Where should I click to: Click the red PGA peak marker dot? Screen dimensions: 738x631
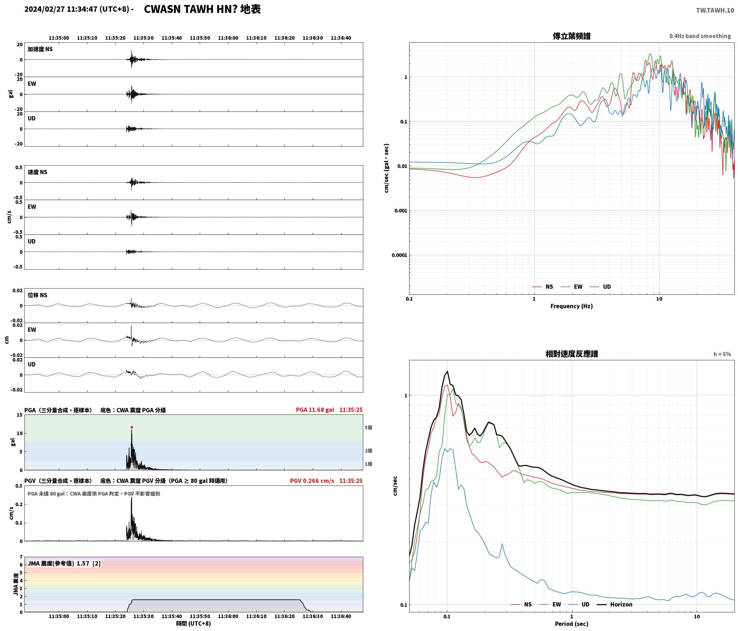point(132,427)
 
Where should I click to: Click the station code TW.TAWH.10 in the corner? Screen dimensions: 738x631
point(715,10)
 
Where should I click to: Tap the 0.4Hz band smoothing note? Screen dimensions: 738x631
point(700,36)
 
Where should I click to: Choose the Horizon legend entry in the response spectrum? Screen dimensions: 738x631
point(614,604)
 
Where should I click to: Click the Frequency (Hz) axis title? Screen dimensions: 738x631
point(572,306)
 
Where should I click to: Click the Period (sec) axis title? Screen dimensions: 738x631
point(572,623)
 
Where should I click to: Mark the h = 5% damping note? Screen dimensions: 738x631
point(722,354)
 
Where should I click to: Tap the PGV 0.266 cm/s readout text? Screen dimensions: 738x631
point(312,480)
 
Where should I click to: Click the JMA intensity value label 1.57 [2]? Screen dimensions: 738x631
point(89,563)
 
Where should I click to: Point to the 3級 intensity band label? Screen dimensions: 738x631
point(368,427)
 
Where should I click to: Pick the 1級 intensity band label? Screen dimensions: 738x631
point(368,464)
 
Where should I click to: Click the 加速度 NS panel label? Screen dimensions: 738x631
point(40,49)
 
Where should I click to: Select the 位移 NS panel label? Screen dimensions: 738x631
point(37,295)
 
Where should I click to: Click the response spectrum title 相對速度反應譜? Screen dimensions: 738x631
point(572,354)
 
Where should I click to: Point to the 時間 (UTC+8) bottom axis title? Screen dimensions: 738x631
point(193,623)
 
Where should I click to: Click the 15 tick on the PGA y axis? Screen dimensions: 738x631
point(19,415)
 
